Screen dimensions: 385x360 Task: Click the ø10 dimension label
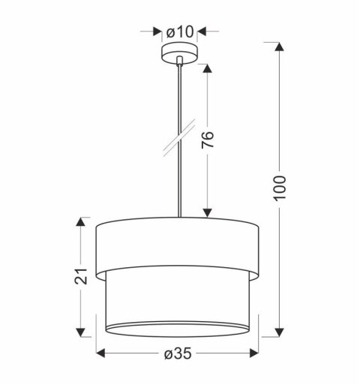point(180,32)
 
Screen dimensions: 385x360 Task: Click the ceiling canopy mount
point(180,56)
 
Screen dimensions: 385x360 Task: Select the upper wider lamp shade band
point(179,242)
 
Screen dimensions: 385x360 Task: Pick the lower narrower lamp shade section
point(179,300)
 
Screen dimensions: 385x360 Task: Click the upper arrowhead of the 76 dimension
point(208,71)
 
